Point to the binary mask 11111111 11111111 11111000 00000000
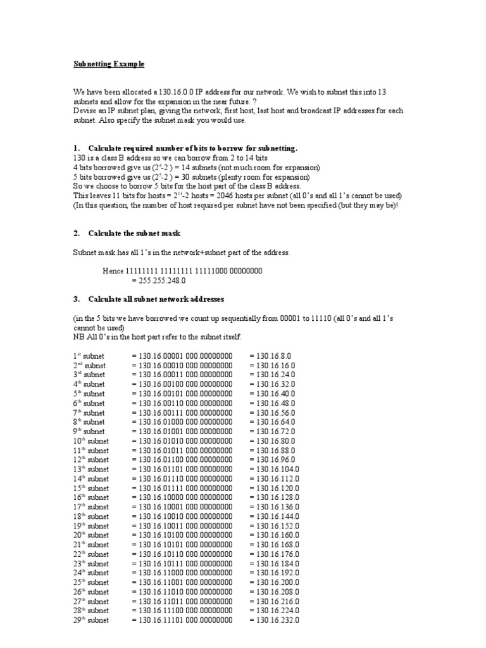click(x=182, y=271)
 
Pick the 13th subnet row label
click(x=90, y=469)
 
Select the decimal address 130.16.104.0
click(x=274, y=469)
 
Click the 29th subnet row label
click(x=90, y=620)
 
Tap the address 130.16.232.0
click(x=274, y=620)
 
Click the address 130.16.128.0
click(x=274, y=497)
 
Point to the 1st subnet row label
click(x=89, y=356)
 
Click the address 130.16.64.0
click(x=272, y=422)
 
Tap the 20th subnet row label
click(x=90, y=535)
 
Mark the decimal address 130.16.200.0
click(x=274, y=582)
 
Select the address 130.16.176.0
click(x=274, y=554)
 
